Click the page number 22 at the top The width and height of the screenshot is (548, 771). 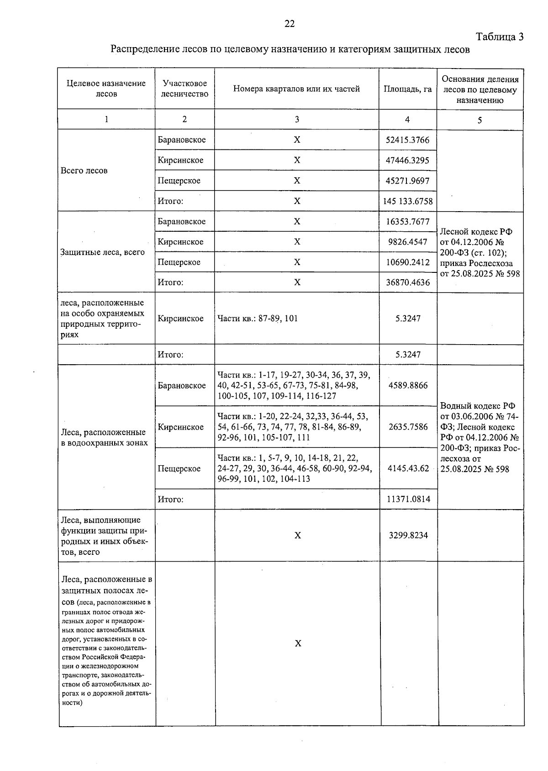[290, 24]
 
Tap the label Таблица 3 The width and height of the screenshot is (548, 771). [499, 37]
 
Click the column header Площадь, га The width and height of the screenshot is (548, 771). [407, 89]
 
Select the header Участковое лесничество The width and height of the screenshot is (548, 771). [184, 89]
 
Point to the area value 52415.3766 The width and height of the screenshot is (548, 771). [407, 140]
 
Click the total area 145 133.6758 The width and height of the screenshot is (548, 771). [408, 201]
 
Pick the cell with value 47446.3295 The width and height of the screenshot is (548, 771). [407, 160]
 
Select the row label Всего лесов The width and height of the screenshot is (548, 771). [84, 170]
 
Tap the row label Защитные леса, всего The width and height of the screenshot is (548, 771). [102, 252]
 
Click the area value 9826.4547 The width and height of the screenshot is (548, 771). [407, 242]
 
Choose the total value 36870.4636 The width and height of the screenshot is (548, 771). [407, 282]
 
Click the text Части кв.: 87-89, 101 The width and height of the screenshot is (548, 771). [258, 319]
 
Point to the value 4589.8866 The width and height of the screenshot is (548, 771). [408, 385]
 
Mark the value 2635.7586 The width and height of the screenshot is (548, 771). [408, 427]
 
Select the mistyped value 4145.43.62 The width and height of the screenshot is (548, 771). [408, 468]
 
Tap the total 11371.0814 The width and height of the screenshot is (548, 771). [408, 499]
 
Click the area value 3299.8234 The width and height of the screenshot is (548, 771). [408, 535]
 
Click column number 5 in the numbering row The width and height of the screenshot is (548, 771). [479, 120]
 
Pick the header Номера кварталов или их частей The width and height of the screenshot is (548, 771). [296, 89]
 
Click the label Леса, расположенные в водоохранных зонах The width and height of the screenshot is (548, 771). [104, 437]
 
